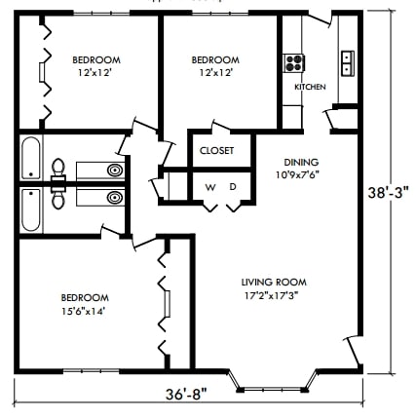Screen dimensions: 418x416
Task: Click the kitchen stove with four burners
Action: click(x=292, y=63)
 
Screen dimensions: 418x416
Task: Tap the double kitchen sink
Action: click(x=347, y=63)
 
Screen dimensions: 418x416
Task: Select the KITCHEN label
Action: click(x=310, y=87)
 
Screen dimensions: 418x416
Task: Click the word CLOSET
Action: click(x=214, y=150)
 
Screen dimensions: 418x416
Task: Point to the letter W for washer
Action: click(x=209, y=185)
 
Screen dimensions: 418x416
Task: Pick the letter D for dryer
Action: click(x=233, y=185)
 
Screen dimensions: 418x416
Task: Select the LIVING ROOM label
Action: click(x=272, y=283)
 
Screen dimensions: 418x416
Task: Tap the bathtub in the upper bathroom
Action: click(x=30, y=158)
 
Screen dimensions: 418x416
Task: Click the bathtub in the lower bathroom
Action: click(x=30, y=207)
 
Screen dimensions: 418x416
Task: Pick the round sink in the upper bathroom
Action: click(x=115, y=170)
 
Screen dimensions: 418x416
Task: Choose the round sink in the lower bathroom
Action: click(x=115, y=198)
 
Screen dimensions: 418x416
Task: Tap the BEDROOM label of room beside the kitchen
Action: click(x=215, y=58)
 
